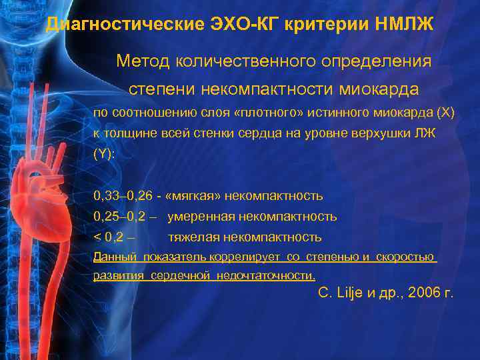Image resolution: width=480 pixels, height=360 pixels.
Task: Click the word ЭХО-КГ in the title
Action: pos(255,25)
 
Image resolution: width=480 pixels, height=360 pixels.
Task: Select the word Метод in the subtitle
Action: pos(143,61)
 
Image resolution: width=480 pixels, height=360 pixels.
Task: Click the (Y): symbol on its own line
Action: pos(104,153)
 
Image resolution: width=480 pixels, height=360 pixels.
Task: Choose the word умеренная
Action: pos(197,217)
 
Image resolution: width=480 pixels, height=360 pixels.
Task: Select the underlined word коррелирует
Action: pos(244,257)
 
